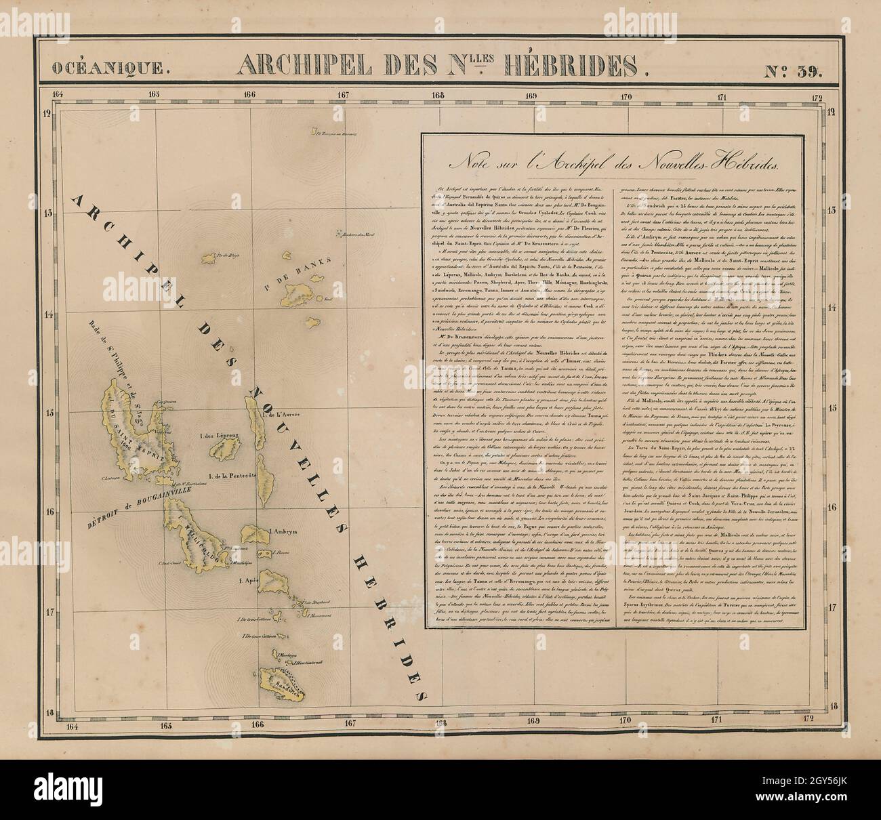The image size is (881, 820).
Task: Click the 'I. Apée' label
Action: click(247, 581)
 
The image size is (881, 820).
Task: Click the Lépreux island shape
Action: click(234, 449)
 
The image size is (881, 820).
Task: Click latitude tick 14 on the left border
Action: click(48, 314)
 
